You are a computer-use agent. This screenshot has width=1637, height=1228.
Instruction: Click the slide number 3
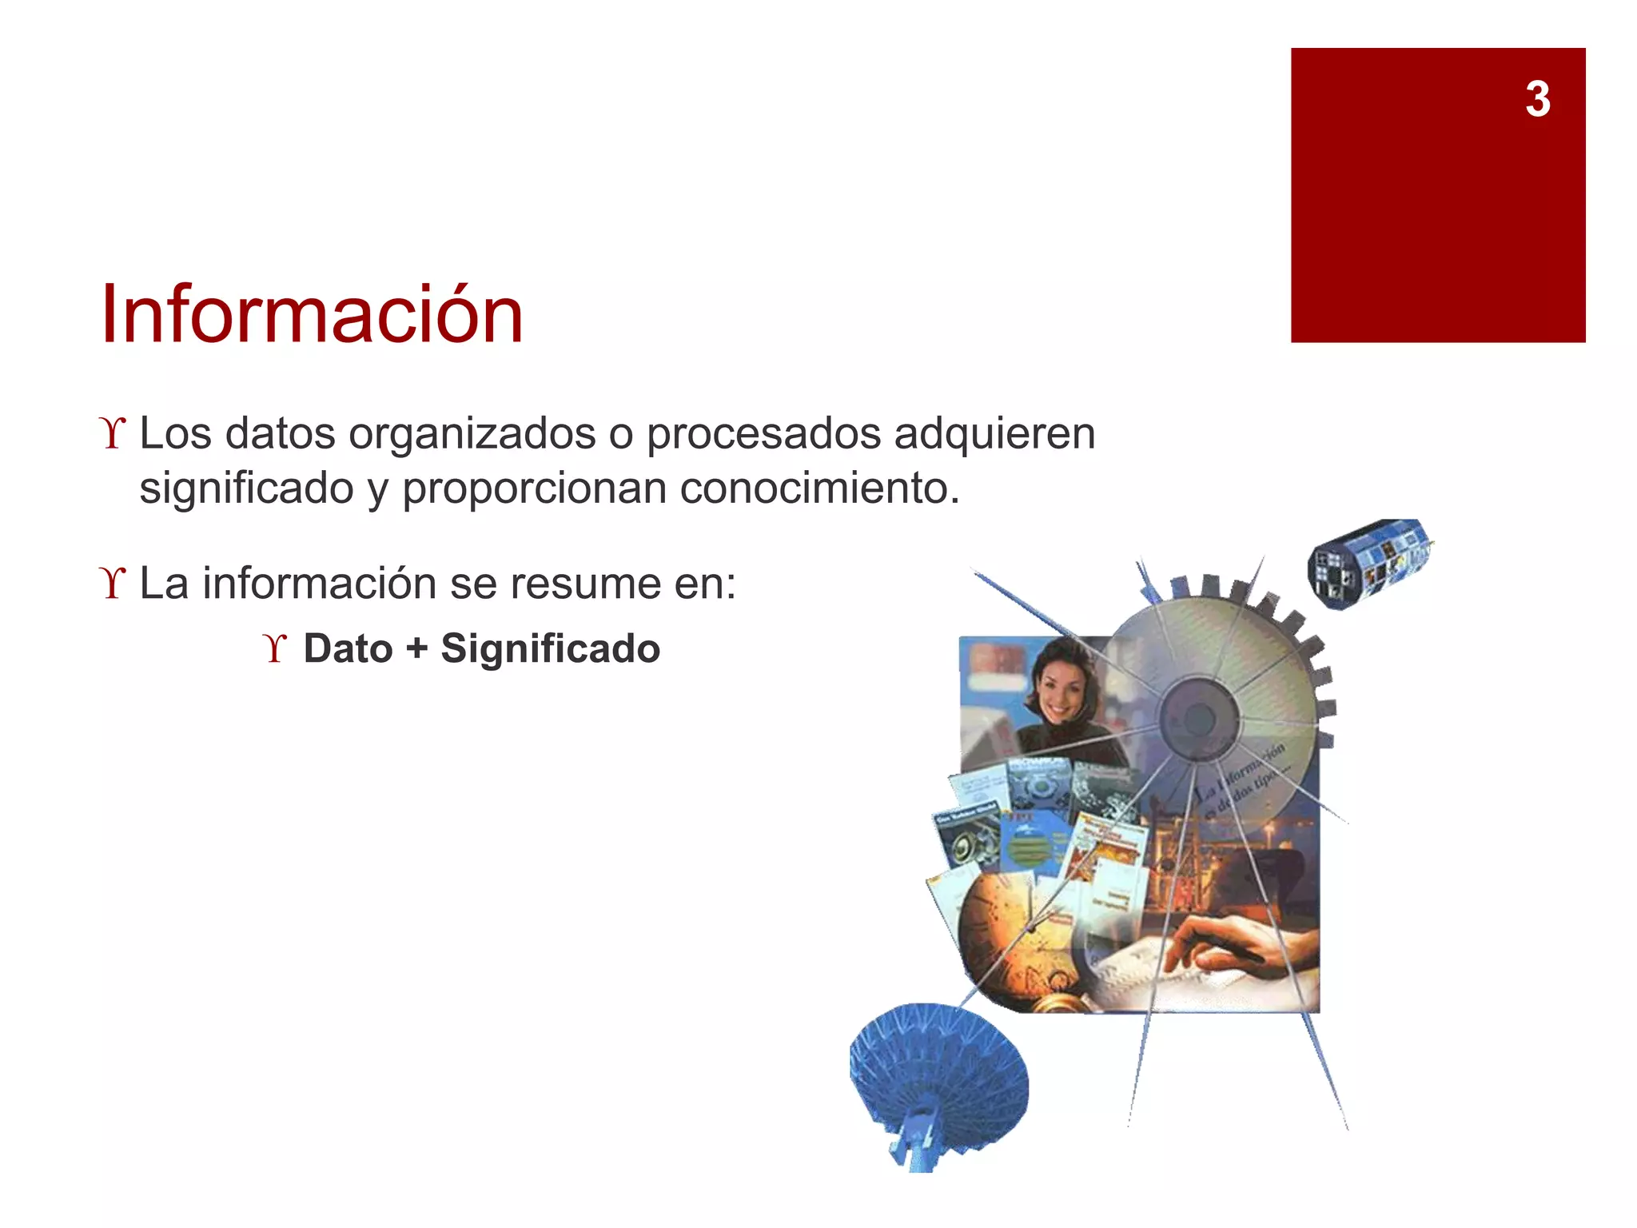pos(1537,100)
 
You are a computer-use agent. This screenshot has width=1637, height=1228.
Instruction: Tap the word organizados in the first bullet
pos(472,434)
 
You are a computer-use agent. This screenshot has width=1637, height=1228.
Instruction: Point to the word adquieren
pos(994,434)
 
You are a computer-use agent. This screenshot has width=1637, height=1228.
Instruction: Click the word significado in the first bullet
pos(246,488)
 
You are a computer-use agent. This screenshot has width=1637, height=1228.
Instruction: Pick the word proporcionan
pos(534,488)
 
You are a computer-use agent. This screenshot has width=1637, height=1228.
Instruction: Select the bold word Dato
pos(348,648)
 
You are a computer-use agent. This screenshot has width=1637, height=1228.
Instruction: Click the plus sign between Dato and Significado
pos(416,648)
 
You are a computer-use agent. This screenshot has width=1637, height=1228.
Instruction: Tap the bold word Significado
pos(550,648)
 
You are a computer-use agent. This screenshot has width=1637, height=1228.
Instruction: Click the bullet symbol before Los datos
pos(114,434)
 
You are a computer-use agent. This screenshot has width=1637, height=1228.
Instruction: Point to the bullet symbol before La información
pos(114,584)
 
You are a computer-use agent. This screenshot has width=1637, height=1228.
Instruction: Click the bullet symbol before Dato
pos(275,648)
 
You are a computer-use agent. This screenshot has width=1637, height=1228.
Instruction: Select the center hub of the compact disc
pos(1197,717)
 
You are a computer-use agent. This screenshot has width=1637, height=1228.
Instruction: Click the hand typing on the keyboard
pos(1231,943)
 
